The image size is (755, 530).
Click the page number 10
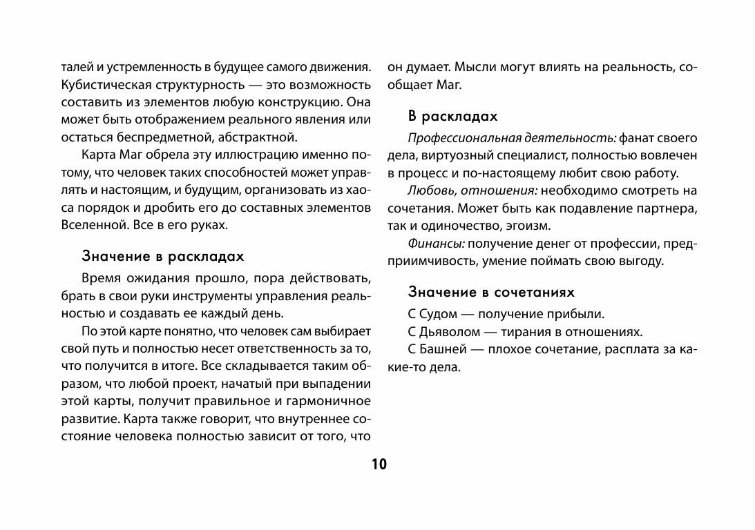pos(379,464)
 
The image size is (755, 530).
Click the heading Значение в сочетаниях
pos(491,292)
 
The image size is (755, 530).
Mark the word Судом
pos(442,315)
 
